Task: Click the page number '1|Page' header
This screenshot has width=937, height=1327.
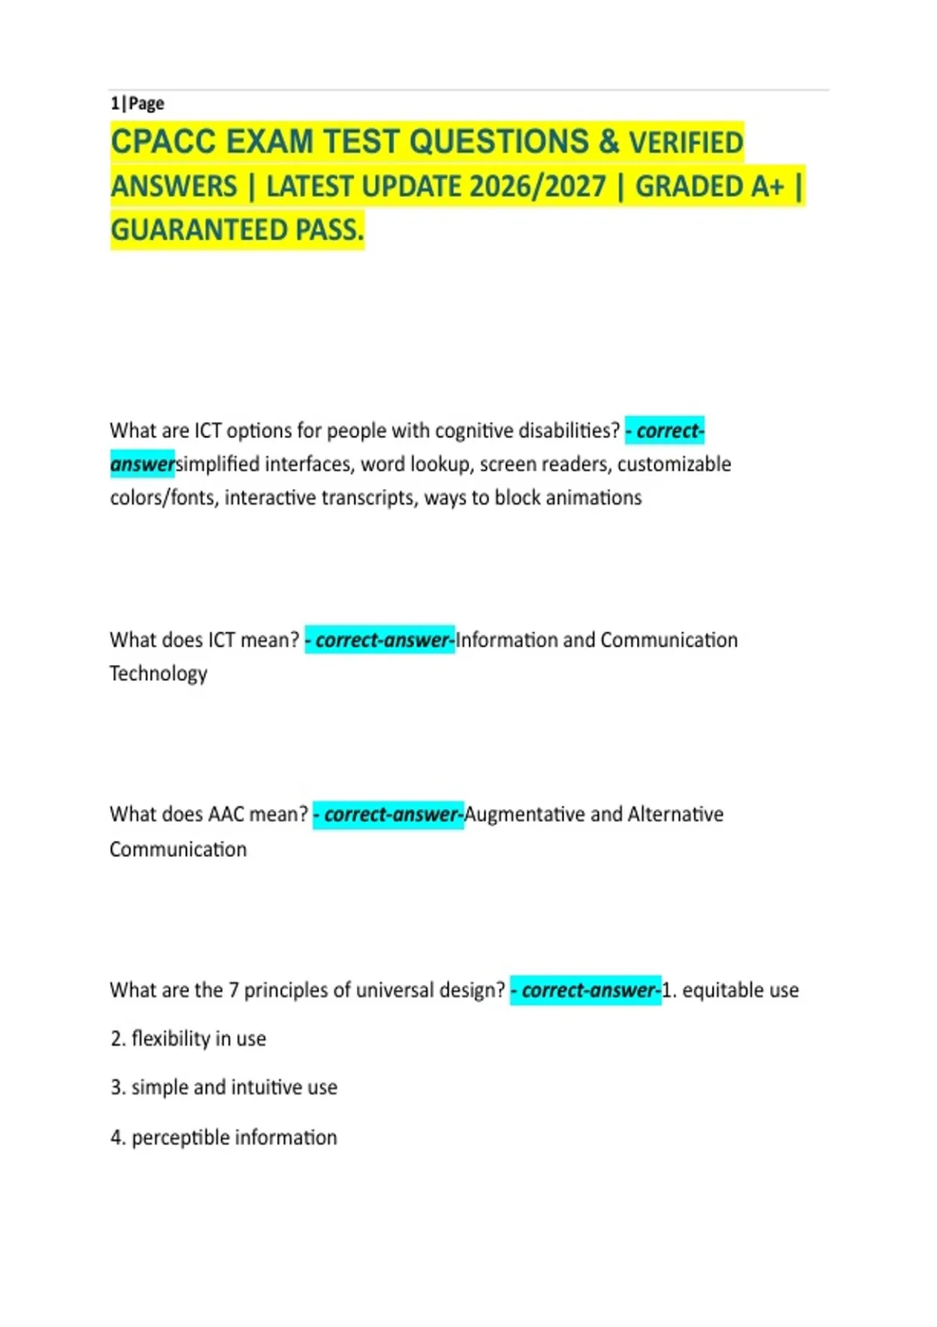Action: (x=137, y=104)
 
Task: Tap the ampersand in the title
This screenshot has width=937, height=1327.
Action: (x=609, y=142)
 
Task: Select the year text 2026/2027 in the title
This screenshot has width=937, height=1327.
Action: (x=539, y=187)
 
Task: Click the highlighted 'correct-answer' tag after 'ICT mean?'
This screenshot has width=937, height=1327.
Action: (x=380, y=641)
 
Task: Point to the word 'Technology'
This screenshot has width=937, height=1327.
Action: (x=159, y=674)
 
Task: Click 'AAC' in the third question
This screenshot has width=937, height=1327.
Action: (x=227, y=815)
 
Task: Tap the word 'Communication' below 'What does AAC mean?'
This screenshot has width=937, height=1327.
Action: (x=178, y=849)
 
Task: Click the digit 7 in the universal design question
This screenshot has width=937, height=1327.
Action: (x=233, y=991)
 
